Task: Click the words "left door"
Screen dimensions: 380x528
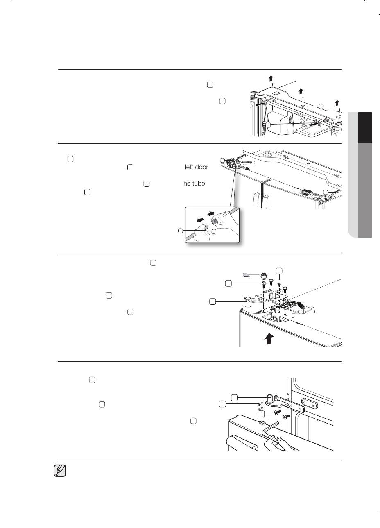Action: pyautogui.click(x=197, y=167)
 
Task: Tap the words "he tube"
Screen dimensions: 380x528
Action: pyautogui.click(x=194, y=184)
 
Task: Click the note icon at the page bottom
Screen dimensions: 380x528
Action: pyautogui.click(x=60, y=471)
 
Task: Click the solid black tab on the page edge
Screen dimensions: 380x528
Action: pyautogui.click(x=365, y=128)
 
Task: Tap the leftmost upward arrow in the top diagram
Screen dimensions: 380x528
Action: pyautogui.click(x=271, y=78)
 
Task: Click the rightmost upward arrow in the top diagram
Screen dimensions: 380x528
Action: pyautogui.click(x=337, y=103)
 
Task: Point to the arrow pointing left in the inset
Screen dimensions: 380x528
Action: pyautogui.click(x=201, y=220)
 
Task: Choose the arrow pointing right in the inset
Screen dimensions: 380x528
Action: pyautogui.click(x=211, y=213)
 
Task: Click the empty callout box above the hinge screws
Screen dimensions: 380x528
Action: pyautogui.click(x=279, y=271)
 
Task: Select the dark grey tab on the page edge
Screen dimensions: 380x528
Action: pyautogui.click(x=365, y=190)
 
